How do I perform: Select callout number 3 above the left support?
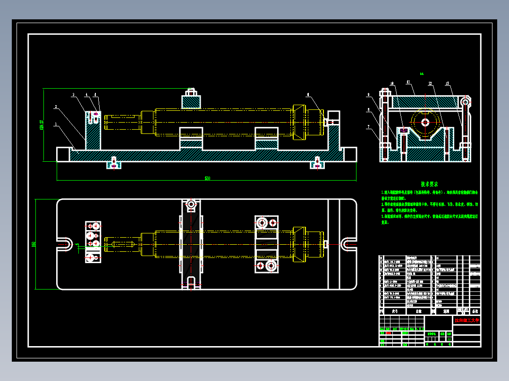click(73, 95)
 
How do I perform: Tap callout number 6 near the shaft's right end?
click(308, 95)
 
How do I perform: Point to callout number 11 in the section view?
click(407, 82)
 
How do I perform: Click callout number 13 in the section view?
click(447, 83)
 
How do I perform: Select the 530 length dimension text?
click(207, 178)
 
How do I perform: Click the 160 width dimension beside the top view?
click(34, 244)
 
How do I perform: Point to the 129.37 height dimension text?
click(42, 125)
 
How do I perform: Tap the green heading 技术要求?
click(430, 184)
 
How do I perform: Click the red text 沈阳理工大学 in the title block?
click(467, 321)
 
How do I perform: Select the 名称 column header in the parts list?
click(418, 311)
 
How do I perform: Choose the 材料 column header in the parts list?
click(446, 311)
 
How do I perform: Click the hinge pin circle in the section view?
click(466, 101)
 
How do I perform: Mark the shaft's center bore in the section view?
click(425, 122)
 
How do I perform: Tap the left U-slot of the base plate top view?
click(65, 244)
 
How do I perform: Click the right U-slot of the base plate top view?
click(348, 244)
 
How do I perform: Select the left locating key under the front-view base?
click(113, 164)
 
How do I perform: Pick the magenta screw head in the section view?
click(404, 130)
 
